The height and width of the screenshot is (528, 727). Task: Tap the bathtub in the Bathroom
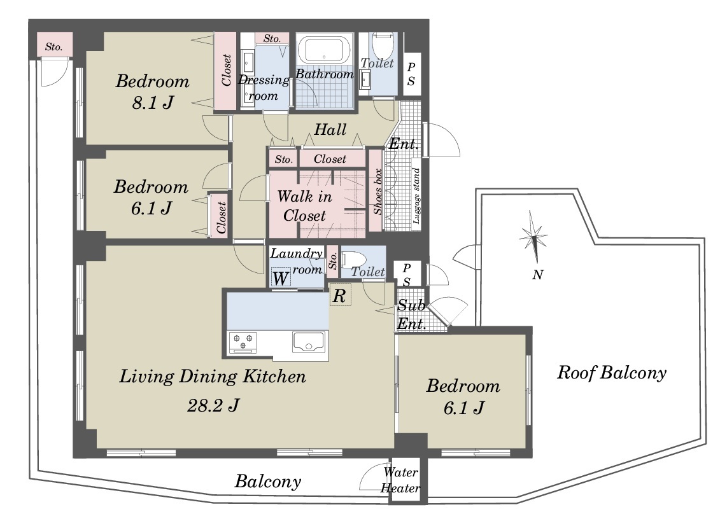point(323,50)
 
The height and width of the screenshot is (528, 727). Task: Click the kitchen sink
point(308,342)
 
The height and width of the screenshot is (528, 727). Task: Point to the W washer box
point(281,279)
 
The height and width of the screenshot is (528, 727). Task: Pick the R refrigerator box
point(340,295)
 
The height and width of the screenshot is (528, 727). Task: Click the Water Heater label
point(400,480)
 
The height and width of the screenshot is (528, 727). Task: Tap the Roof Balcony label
point(612,372)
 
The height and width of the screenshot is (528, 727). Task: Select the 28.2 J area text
point(213,406)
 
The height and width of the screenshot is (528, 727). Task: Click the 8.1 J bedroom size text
point(153,102)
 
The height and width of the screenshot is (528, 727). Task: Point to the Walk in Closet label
point(305,205)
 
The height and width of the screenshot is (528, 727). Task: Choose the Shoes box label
point(378,191)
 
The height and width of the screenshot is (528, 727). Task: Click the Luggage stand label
point(416,196)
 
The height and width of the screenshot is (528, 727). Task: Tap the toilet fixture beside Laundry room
point(355,260)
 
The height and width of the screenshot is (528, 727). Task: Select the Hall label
point(330,129)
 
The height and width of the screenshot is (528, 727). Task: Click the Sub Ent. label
point(411,314)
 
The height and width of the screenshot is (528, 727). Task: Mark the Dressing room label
point(264,88)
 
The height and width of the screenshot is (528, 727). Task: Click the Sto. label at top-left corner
point(53,47)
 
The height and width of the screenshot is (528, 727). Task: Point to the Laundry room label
point(297,261)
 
